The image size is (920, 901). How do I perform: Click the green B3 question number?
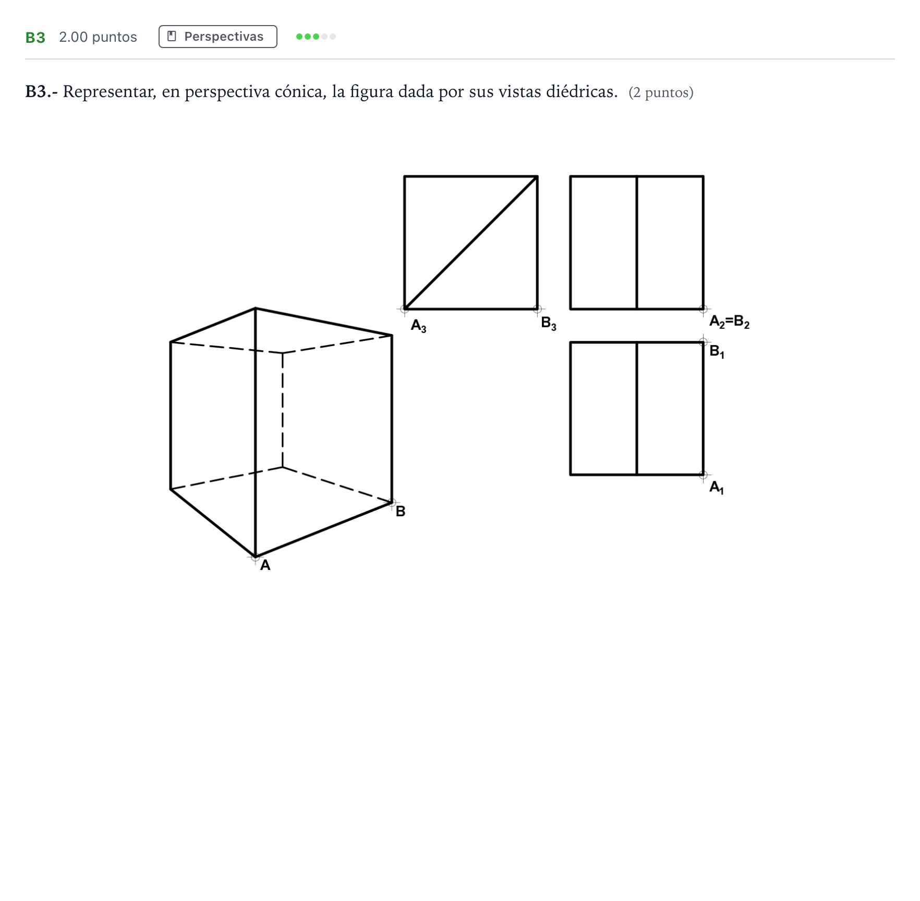tap(35, 37)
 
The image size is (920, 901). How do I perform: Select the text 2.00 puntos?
tap(98, 37)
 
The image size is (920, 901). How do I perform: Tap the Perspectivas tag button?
tap(217, 37)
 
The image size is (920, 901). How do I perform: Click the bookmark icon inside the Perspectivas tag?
tap(172, 36)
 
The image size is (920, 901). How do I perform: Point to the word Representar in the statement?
tap(109, 92)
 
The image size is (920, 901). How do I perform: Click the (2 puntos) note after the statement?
tap(661, 92)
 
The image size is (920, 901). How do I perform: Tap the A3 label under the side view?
tap(418, 326)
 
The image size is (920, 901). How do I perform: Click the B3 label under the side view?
tap(549, 324)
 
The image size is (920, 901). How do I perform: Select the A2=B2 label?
tap(729, 322)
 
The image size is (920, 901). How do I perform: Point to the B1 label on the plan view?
tap(717, 352)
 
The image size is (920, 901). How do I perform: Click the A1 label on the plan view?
tap(716, 488)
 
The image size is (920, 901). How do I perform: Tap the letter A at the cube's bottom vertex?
tap(265, 565)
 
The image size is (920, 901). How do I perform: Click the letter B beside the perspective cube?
tap(401, 512)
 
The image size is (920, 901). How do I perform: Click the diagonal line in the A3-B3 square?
tap(471, 243)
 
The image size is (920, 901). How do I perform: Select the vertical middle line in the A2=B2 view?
tap(637, 243)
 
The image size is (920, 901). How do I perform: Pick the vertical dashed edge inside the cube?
tap(282, 410)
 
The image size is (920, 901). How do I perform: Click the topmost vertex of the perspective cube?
tap(255, 309)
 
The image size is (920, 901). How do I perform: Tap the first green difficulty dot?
tap(299, 37)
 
